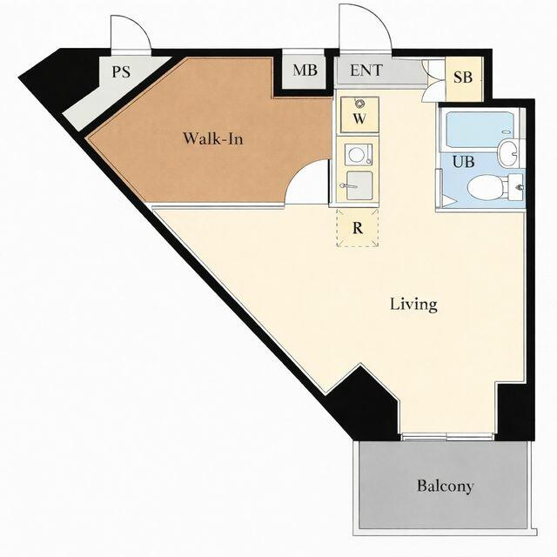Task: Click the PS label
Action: coord(121,71)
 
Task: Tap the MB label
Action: coord(305,70)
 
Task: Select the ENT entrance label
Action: coord(366,70)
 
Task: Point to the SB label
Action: coord(463,77)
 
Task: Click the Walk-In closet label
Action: coord(213,138)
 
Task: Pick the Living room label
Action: coord(413,305)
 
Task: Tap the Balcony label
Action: coord(445,486)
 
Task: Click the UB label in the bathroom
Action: coord(463,162)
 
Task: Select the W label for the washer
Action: coord(359,118)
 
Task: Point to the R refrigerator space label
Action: coord(358,228)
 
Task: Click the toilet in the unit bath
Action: coord(494,187)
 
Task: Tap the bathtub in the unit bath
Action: coord(478,130)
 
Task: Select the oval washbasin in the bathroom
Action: coord(508,153)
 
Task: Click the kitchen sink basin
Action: coord(359,185)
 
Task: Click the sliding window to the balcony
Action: coord(447,437)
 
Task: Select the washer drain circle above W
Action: coord(359,104)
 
